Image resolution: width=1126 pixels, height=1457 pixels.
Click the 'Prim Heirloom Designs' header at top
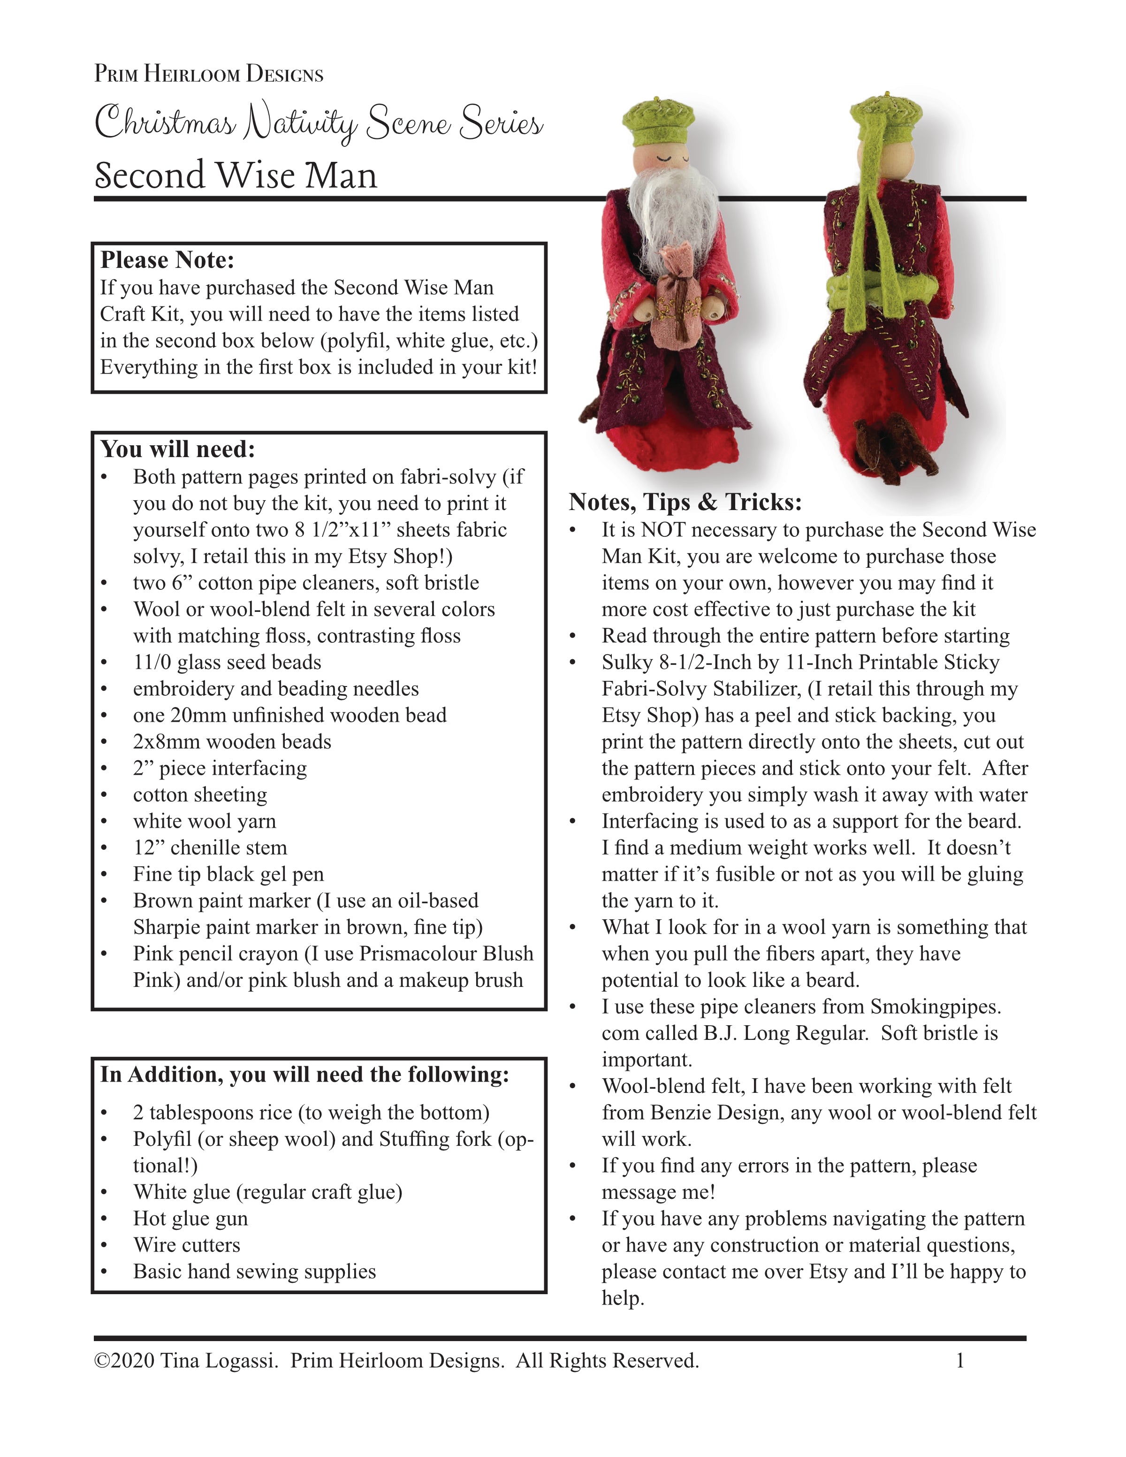click(208, 73)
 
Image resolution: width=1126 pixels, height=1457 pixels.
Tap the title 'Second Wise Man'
click(236, 175)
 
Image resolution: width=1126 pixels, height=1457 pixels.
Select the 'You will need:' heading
click(177, 449)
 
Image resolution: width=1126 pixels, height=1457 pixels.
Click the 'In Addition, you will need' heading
click(304, 1074)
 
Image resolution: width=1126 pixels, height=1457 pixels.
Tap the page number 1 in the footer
click(960, 1360)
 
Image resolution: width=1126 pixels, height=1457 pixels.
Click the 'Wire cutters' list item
click(186, 1245)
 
